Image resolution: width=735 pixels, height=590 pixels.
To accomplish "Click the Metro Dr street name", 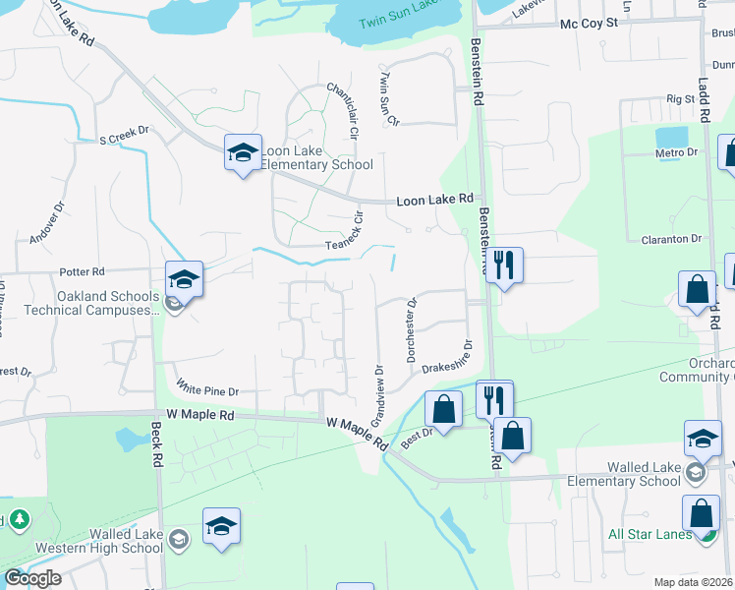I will coord(677,152).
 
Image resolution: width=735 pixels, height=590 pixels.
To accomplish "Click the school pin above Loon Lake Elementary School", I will coord(243,153).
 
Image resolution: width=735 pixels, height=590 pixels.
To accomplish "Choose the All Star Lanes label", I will coord(646,535).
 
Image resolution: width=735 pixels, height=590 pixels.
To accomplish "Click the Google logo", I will coord(32,578).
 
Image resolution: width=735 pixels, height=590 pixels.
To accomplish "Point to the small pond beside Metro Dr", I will coord(671,136).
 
